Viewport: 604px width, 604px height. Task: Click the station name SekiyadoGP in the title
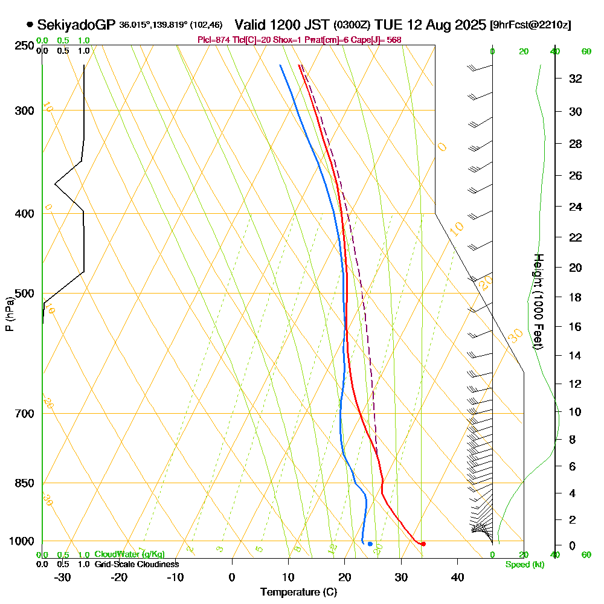[77, 25]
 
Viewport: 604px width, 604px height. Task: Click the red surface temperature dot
[423, 544]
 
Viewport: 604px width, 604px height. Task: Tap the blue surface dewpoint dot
[370, 544]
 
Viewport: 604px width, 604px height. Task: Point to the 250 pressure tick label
[22, 46]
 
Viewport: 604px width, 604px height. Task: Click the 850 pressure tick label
[22, 483]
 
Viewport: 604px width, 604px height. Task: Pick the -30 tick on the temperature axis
[63, 577]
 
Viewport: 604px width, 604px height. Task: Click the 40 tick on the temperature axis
[457, 577]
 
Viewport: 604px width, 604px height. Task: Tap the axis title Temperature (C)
[298, 593]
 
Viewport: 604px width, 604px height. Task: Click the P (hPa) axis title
[9, 314]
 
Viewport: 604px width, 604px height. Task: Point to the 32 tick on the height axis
[576, 79]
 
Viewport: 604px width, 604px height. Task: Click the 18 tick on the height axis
[576, 297]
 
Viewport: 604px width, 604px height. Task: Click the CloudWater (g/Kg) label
[129, 554]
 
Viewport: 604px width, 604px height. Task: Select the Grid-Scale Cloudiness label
[136, 564]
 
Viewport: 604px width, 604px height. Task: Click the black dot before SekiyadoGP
[30, 25]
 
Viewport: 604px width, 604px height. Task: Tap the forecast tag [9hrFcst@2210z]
[530, 25]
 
